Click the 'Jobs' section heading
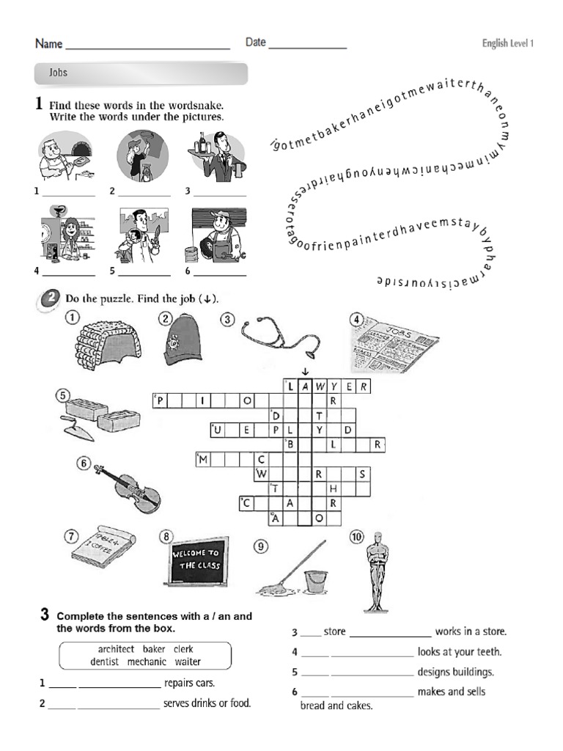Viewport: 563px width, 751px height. pyautogui.click(x=58, y=73)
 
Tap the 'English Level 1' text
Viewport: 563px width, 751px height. pyautogui.click(x=507, y=43)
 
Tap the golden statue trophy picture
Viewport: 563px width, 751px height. pyautogui.click(x=377, y=572)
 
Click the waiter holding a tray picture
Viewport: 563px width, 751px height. pyautogui.click(x=215, y=155)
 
